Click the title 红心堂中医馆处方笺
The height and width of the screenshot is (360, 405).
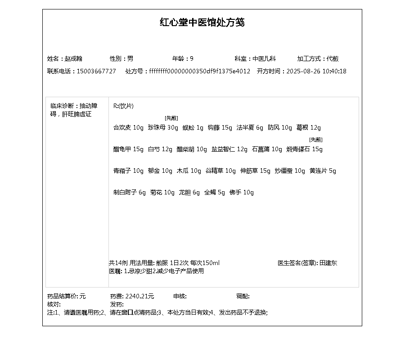202,22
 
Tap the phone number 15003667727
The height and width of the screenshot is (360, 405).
96,71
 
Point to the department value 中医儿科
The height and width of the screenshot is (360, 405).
264,58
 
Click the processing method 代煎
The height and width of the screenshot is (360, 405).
333,58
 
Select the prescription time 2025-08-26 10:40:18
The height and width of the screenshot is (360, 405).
316,71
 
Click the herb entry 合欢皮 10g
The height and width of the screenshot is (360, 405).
128,127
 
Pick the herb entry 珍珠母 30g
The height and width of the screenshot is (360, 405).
163,127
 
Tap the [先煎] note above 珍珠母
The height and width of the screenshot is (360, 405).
171,118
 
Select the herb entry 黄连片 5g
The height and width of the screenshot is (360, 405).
323,171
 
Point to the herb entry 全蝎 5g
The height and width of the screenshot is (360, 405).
215,192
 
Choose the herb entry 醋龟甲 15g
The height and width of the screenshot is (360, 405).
128,149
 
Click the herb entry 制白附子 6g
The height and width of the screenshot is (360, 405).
130,192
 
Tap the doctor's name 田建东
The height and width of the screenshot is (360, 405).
328,263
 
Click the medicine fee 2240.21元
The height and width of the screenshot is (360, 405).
139,296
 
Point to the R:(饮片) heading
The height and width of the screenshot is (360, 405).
123,106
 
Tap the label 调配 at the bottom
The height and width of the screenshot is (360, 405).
243,296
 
